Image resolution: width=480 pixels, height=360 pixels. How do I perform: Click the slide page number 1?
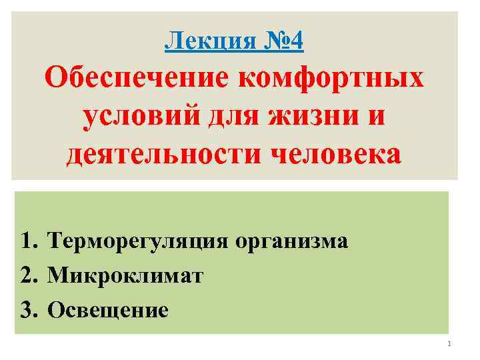coord(449,344)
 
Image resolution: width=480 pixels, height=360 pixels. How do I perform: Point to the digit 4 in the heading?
coord(297,42)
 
